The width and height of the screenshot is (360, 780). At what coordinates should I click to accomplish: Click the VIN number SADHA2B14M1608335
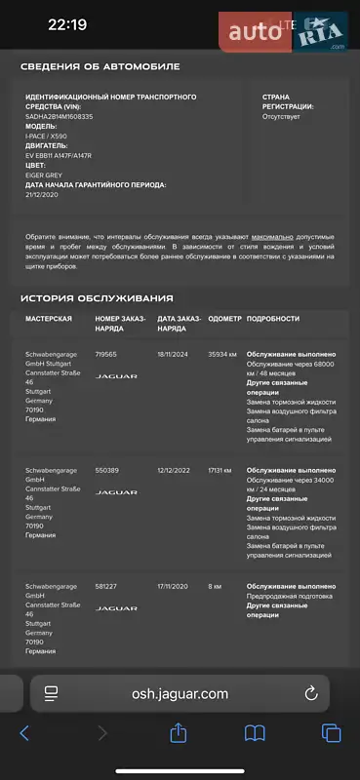(x=59, y=116)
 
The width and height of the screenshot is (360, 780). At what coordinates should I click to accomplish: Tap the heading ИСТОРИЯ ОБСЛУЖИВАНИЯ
(x=97, y=298)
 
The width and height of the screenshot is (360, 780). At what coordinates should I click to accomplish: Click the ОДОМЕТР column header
(x=224, y=319)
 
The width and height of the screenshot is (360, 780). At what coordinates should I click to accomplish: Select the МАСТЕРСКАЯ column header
(x=49, y=319)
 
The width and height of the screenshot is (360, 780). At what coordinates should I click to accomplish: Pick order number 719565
(x=106, y=354)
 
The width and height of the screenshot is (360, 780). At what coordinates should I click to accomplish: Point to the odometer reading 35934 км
(x=223, y=354)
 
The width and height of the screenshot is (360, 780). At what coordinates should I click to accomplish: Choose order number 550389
(x=107, y=470)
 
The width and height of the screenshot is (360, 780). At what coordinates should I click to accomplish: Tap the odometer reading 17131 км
(x=220, y=470)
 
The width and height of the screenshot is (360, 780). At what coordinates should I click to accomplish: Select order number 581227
(x=106, y=586)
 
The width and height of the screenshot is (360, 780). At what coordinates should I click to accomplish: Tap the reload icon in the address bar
(x=311, y=694)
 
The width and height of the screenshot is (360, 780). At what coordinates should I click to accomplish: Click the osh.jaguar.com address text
(x=180, y=694)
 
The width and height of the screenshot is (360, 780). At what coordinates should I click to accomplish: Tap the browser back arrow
(x=25, y=733)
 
